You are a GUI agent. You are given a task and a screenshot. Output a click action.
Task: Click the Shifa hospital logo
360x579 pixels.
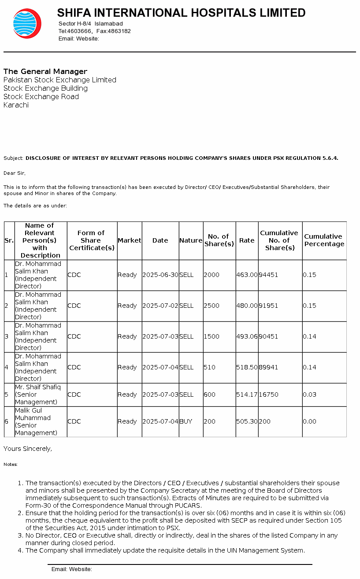(27, 23)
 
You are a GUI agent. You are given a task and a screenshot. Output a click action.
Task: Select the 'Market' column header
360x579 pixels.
(129, 240)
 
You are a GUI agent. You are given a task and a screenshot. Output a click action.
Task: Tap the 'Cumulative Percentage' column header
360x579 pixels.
(324, 240)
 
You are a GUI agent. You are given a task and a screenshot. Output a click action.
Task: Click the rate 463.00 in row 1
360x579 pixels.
(247, 275)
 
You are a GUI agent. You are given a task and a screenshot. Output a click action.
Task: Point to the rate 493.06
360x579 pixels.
(247, 336)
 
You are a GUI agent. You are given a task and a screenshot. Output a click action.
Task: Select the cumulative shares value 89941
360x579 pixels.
(268, 367)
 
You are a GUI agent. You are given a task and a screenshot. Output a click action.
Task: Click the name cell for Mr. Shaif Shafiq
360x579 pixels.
(38, 395)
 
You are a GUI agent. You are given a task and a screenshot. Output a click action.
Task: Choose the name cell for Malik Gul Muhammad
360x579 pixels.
(36, 421)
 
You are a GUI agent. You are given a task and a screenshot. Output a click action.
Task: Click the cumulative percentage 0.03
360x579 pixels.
(309, 395)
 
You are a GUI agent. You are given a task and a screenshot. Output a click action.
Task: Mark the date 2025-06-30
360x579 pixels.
(160, 275)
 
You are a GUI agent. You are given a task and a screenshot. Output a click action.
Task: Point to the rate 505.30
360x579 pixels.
(247, 421)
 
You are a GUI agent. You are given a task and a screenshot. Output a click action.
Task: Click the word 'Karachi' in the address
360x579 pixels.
(16, 105)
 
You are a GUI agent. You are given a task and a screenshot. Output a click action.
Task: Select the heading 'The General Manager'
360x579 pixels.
(45, 71)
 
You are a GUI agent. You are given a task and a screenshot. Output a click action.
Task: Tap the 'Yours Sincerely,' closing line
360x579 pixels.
(28, 449)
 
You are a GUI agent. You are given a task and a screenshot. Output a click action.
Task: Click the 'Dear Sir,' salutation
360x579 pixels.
(15, 173)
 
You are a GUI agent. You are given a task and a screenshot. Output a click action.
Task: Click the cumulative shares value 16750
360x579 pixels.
(268, 395)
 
